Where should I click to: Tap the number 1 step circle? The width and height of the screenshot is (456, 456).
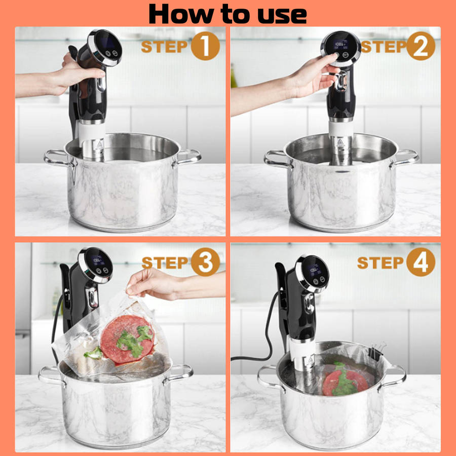pyautogui.click(x=205, y=46)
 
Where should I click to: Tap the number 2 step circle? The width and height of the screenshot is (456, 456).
pyautogui.click(x=421, y=46)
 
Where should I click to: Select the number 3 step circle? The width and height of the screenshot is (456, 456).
pyautogui.click(x=205, y=262)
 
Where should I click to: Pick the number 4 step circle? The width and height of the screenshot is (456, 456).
pyautogui.click(x=421, y=262)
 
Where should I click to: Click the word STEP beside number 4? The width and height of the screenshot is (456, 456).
pyautogui.click(x=380, y=262)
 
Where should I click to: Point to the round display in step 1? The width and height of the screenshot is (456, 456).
pyautogui.click(x=105, y=47)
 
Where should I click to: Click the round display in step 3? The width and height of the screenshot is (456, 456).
pyautogui.click(x=96, y=264)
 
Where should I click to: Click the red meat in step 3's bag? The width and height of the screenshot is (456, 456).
pyautogui.click(x=127, y=339)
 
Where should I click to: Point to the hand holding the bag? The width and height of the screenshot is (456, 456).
pyautogui.click(x=154, y=284)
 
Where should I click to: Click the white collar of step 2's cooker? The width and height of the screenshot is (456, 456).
pyautogui.click(x=341, y=129)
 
